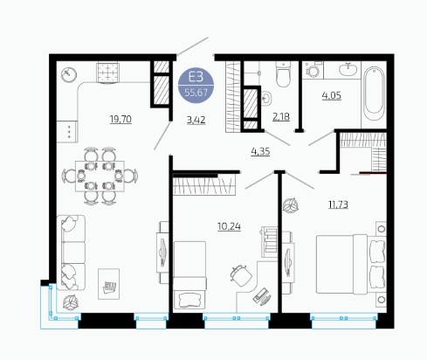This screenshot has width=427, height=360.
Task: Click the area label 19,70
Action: pos(121,119)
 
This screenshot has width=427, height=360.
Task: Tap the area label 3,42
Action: pos(196,120)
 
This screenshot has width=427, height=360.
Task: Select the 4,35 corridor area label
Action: pos(260,152)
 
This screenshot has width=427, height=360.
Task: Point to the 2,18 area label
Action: pos(281,117)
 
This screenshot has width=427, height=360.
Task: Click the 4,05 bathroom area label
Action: pos(332,95)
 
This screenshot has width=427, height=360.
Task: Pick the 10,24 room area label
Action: pos(229,226)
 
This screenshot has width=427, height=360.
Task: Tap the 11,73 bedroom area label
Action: pos(338,204)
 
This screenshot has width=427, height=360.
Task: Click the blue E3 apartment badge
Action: pos(196,85)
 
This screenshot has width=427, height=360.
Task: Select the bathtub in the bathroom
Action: pos(374,93)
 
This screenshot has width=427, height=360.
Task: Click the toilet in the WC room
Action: pos(283,74)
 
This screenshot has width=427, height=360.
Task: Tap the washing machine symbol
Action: pos(313,70)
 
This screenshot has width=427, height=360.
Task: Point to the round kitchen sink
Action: pos(69,74)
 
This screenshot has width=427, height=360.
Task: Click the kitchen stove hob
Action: pos(108,73)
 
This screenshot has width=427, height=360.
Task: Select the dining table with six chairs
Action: pos(100,176)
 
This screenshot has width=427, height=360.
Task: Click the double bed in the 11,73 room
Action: pos(351,265)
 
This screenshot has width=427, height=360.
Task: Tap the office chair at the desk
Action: pos(241,275)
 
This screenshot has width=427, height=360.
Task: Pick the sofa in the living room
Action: pos(71,253)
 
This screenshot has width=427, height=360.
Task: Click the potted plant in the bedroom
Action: pos(291,205)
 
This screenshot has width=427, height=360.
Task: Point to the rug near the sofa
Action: pos(108,284)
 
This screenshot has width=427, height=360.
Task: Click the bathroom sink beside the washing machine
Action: pos(348,70)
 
